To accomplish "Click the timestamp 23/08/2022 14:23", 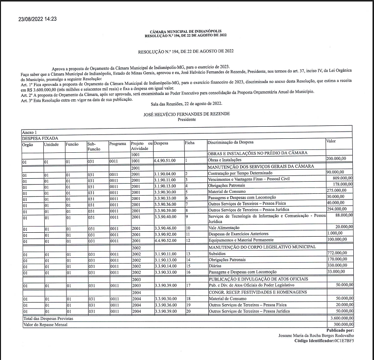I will [x=38, y=19].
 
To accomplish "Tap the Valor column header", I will [x=331, y=141].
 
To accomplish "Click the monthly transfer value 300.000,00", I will [x=342, y=325].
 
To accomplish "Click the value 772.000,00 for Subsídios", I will [x=336, y=253].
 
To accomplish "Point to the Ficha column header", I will [x=189, y=143].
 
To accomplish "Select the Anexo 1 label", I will [x=29, y=132].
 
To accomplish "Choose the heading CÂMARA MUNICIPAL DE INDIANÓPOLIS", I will [x=185, y=31].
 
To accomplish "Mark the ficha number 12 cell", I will [x=189, y=240].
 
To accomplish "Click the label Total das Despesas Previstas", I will [x=46, y=319].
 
